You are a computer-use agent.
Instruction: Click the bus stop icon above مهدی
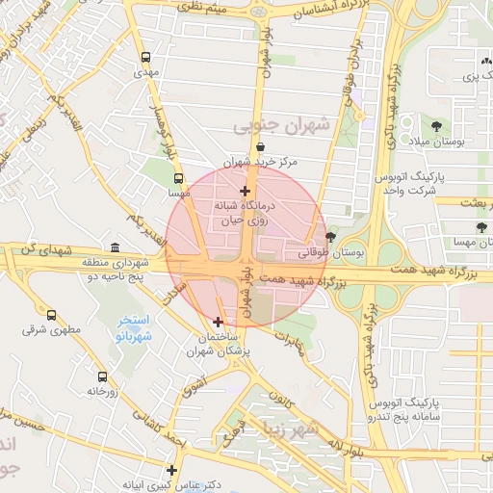click(x=145, y=57)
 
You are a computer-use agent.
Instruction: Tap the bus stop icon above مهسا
click(x=178, y=178)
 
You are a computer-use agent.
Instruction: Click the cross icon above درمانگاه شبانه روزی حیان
click(x=246, y=191)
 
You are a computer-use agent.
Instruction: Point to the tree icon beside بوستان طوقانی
click(x=331, y=237)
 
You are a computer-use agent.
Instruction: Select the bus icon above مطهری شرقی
click(x=51, y=315)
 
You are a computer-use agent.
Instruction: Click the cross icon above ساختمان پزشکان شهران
click(x=218, y=322)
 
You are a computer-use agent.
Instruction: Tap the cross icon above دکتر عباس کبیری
click(x=171, y=471)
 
